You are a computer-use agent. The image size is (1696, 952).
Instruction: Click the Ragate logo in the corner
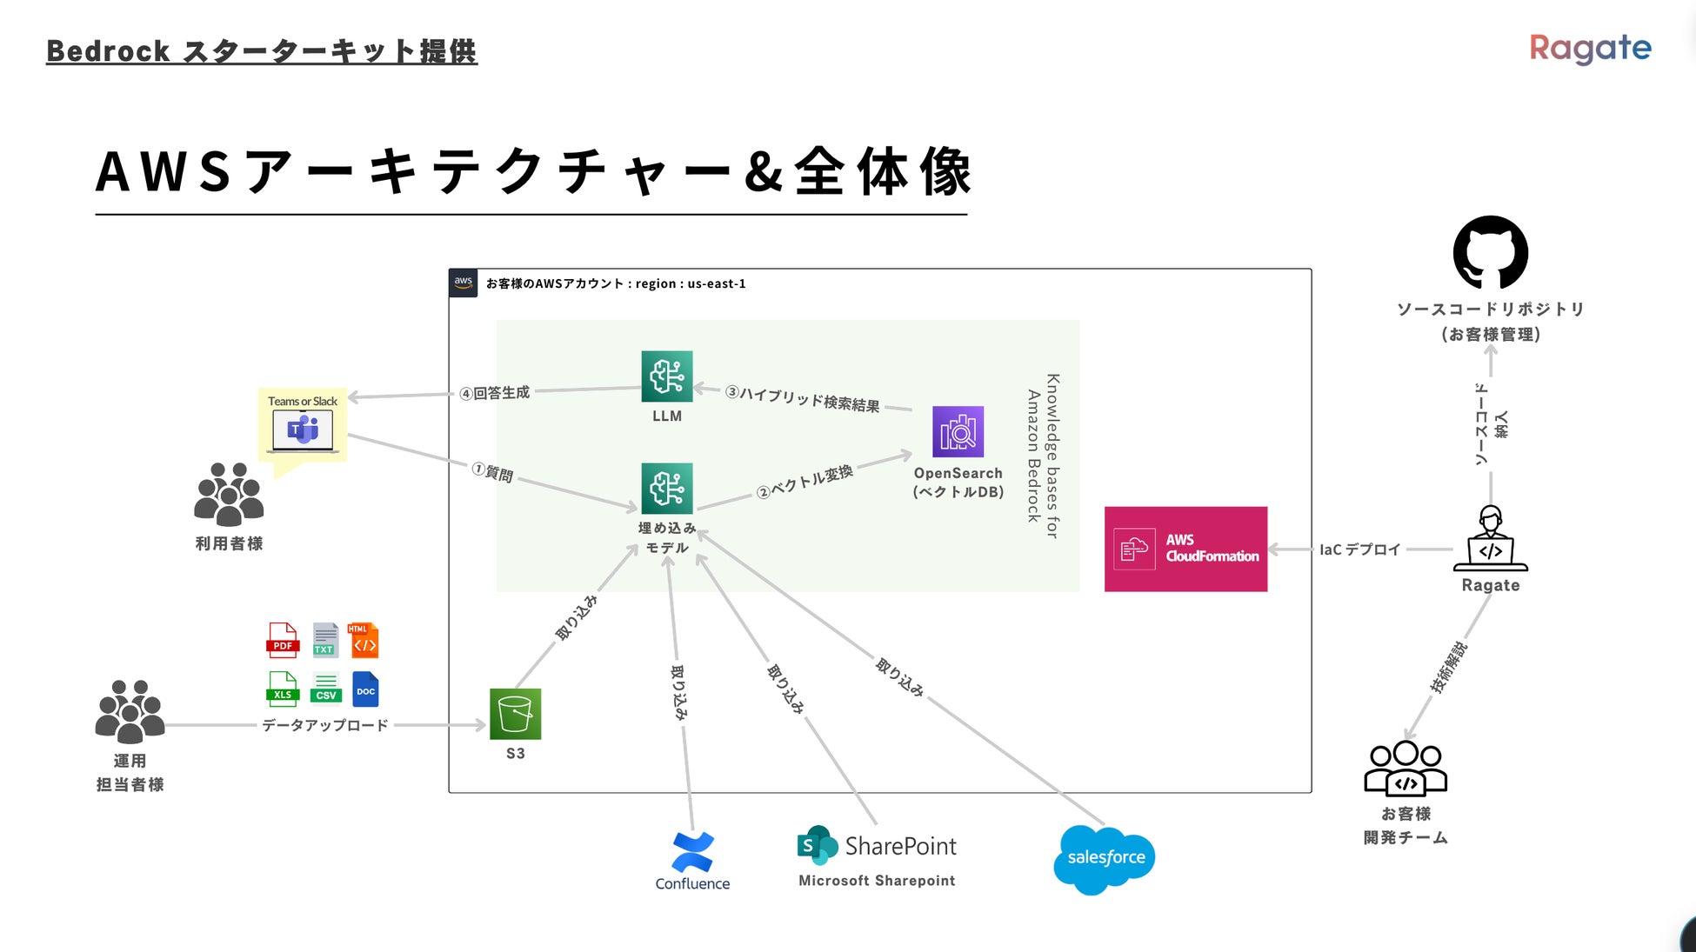(1590, 49)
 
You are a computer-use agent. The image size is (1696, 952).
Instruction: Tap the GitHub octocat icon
(1490, 252)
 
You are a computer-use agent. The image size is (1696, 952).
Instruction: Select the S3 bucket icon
(515, 714)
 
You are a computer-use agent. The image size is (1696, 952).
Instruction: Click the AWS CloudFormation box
(1185, 549)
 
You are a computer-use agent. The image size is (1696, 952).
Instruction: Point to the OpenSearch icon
(958, 431)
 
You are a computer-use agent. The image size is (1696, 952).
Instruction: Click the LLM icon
(666, 376)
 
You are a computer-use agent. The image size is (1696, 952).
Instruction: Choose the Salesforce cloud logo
(1105, 859)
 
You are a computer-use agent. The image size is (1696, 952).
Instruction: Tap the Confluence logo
(692, 853)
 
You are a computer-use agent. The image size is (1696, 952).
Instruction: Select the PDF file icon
(283, 640)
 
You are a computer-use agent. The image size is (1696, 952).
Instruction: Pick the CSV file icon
(326, 689)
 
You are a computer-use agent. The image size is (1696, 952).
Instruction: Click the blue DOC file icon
(365, 689)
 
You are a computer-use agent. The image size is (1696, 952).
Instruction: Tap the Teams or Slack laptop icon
(303, 430)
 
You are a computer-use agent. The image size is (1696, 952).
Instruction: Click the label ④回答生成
(495, 393)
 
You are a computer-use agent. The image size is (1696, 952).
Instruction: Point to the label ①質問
(493, 472)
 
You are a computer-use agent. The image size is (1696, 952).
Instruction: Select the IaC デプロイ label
(1360, 549)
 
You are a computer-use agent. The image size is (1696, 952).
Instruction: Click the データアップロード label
(325, 725)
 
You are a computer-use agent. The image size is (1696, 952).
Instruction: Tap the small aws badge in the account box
(464, 283)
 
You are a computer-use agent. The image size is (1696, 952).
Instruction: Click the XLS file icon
(283, 689)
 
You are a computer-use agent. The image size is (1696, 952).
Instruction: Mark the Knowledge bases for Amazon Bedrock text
(1043, 456)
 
